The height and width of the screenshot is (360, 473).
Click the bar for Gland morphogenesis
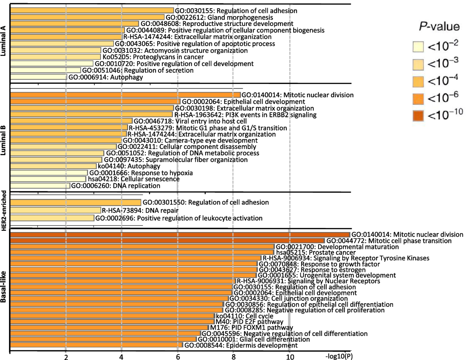pos(87,17)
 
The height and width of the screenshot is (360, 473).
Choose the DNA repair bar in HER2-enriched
pos(55,210)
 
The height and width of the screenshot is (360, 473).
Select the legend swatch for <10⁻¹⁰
pos(422,115)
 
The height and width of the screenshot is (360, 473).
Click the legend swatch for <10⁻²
pos(422,47)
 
